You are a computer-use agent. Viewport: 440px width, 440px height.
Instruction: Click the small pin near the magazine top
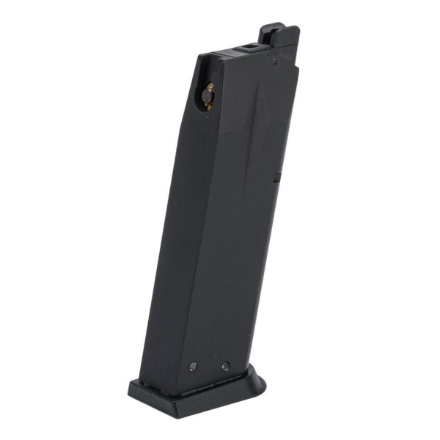coord(274,62)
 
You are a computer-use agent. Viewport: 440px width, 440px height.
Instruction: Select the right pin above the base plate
coord(225,366)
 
